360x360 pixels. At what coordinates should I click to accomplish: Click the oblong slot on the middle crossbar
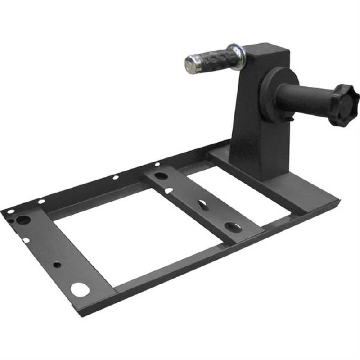202,206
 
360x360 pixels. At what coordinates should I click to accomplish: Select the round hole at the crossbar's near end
232,226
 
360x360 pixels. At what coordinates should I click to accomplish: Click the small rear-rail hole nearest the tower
158,164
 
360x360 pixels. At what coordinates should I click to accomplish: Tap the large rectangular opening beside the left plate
135,234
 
